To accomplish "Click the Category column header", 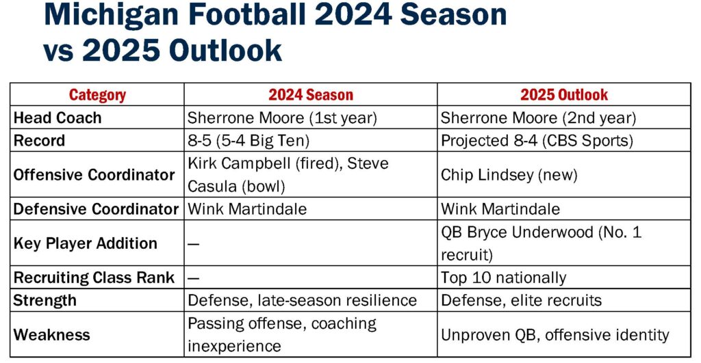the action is coord(97,94).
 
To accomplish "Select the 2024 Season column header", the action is coord(311,94).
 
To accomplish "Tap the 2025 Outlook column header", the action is coord(564,94).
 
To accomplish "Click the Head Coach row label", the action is coord(58,118).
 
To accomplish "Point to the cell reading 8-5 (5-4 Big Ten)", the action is coord(248,141).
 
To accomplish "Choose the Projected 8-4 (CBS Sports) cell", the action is coord(537,141).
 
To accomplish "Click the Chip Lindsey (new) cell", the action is coord(509,174).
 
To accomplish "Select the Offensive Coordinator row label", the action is coord(94,174).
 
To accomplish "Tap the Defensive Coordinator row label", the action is coord(96,209).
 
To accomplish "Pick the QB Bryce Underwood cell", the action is coord(541,243).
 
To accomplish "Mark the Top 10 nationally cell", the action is coord(503,278).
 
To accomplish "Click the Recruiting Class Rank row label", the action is coord(94,278).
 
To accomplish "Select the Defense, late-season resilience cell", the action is coord(302,301).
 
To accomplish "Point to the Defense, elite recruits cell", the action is coord(521,301).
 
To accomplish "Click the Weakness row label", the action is coord(52,335).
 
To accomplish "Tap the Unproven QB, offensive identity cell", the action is coord(555,335).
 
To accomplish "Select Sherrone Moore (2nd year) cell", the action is coord(538,118).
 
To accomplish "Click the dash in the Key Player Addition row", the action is coord(193,244).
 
